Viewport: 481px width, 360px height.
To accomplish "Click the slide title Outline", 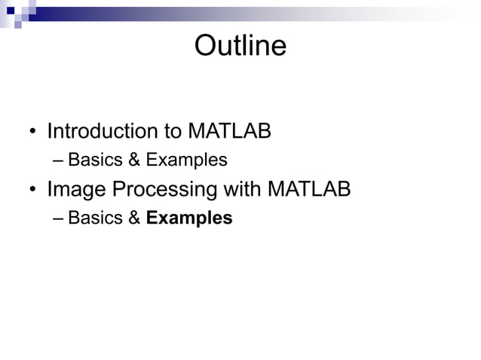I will [x=240, y=47].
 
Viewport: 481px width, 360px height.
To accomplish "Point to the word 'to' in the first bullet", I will [x=172, y=132].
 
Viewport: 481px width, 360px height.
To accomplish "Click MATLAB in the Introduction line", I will [x=229, y=132].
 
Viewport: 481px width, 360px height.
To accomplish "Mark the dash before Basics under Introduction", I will [x=60, y=160].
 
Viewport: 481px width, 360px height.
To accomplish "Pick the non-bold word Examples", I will [x=186, y=160].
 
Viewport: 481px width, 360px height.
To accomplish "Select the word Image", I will [x=76, y=190].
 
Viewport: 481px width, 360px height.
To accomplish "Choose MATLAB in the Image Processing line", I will [x=309, y=189].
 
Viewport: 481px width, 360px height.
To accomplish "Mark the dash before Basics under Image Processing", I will [x=60, y=218].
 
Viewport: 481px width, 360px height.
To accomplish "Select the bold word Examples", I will [x=189, y=218].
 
